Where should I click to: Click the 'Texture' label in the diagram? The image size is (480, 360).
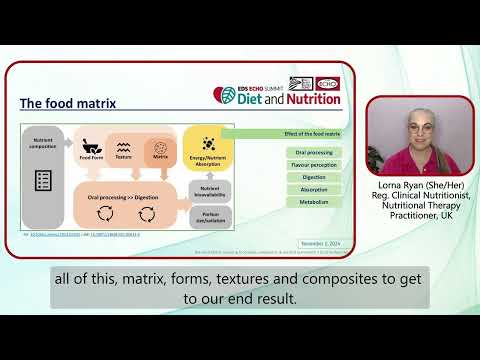click(x=124, y=157)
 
